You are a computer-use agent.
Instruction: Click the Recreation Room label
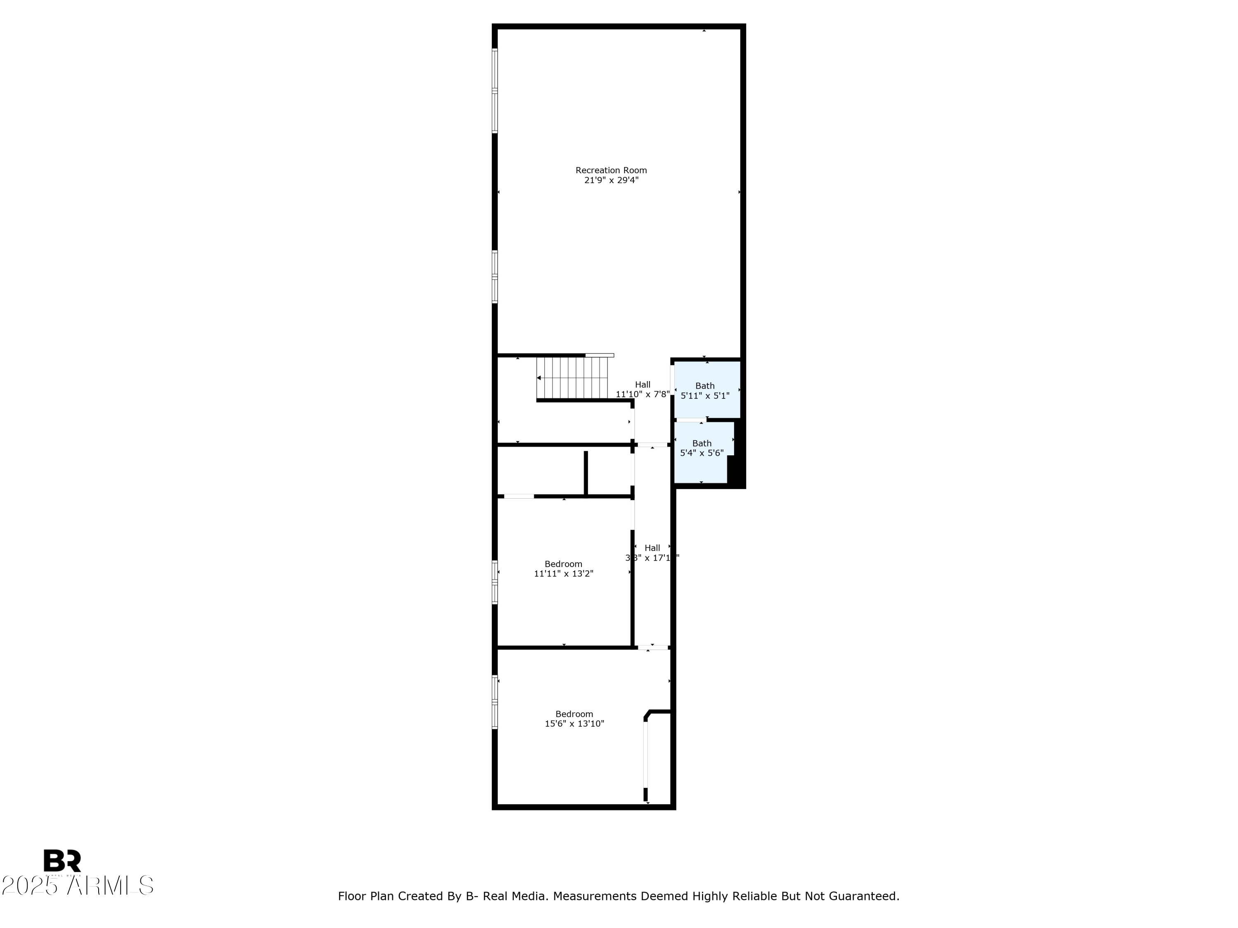point(611,170)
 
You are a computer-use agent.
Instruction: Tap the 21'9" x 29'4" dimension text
point(611,180)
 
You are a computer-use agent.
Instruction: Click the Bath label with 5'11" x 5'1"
point(705,386)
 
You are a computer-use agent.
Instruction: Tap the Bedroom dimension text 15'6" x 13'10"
point(574,723)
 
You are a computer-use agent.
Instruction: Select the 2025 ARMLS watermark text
point(78,886)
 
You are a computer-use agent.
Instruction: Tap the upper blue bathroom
point(707,389)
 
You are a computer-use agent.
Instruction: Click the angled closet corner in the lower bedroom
point(647,714)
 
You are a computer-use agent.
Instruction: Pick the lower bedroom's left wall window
point(495,702)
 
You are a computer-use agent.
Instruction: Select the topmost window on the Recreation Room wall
point(495,91)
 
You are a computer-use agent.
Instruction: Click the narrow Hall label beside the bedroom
point(652,548)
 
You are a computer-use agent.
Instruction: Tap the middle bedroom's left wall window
point(495,582)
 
